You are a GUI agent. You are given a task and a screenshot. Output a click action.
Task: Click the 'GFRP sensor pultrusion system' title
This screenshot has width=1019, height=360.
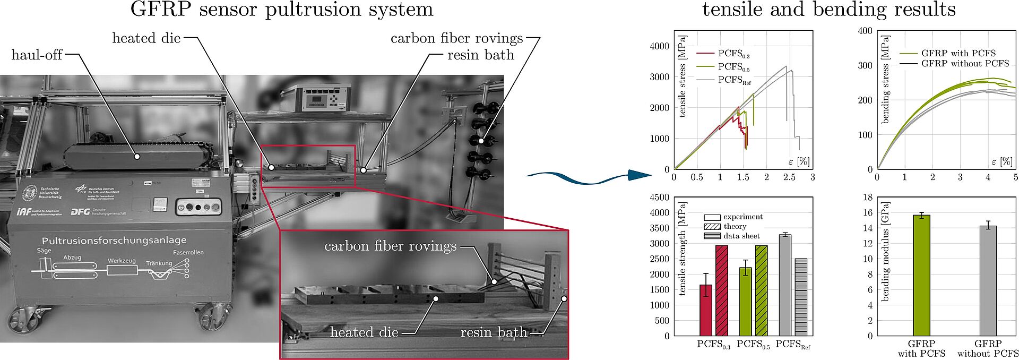point(282,10)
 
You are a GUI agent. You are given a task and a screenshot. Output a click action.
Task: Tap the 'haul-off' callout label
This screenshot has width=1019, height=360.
point(37,55)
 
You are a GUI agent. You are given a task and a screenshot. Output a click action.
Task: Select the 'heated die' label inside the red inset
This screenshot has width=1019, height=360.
point(364,333)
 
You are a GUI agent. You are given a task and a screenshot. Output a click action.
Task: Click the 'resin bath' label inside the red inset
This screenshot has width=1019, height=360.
point(494,333)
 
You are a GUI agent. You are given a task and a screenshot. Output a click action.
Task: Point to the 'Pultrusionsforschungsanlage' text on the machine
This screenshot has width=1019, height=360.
point(114,241)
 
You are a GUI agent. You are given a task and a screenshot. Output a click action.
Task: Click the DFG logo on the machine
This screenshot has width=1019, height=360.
point(80,211)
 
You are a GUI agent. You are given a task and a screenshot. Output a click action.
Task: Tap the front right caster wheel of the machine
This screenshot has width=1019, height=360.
point(213,317)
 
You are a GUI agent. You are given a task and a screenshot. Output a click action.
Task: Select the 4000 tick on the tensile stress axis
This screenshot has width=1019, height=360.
point(660,46)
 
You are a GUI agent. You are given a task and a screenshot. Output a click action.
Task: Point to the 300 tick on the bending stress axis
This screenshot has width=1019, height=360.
point(865,66)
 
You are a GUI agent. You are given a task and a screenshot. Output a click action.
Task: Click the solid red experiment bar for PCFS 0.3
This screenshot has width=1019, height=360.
point(706,310)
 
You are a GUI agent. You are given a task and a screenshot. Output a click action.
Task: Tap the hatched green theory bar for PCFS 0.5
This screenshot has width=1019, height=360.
point(761,290)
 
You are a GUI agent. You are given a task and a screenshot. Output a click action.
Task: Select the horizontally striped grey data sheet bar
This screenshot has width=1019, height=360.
point(801,297)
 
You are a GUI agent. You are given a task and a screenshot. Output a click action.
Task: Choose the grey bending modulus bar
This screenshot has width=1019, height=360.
point(988,281)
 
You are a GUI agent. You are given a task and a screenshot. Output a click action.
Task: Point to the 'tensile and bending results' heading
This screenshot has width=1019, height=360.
point(829,10)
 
